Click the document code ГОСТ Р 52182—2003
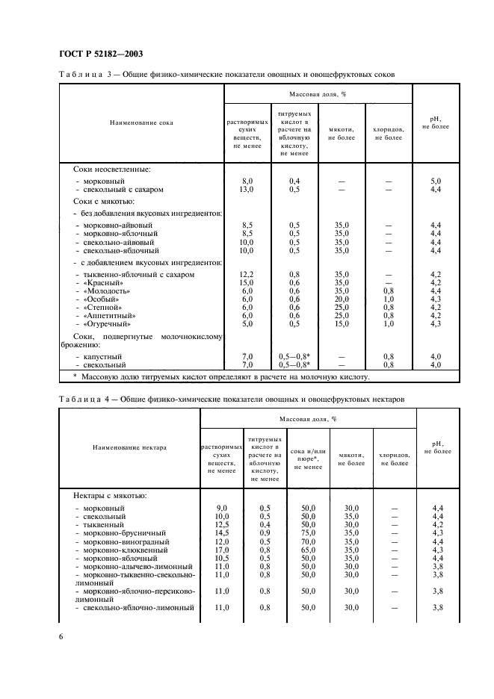point(100,53)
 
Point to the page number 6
point(61,635)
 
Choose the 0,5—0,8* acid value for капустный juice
point(294,356)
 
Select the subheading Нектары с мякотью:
point(110,495)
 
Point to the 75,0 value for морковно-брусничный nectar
point(308,533)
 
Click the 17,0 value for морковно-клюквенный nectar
point(221,550)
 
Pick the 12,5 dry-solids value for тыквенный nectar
point(221,525)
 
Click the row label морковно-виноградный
point(124,541)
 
